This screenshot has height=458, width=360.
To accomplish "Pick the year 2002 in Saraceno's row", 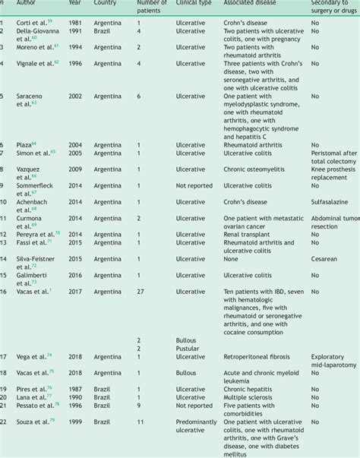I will click(x=75, y=96).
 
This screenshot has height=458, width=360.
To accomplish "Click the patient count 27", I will click(x=141, y=290).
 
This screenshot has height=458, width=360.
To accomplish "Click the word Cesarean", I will click(x=325, y=258).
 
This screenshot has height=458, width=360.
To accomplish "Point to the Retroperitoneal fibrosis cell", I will click(x=256, y=355).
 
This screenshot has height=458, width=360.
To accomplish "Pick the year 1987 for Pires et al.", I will click(x=75, y=387).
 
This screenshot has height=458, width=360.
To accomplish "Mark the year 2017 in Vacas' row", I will click(x=75, y=290).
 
